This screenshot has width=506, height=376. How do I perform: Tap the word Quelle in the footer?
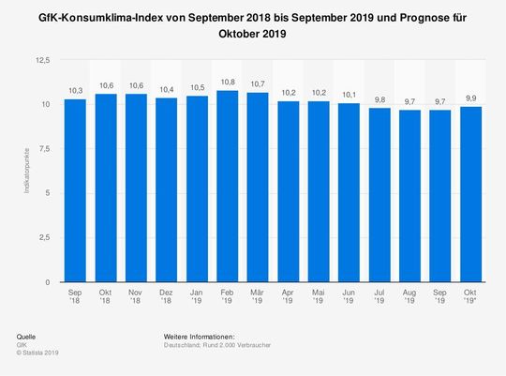[x=28, y=336]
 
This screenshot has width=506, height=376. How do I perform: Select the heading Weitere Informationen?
[x=199, y=336]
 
